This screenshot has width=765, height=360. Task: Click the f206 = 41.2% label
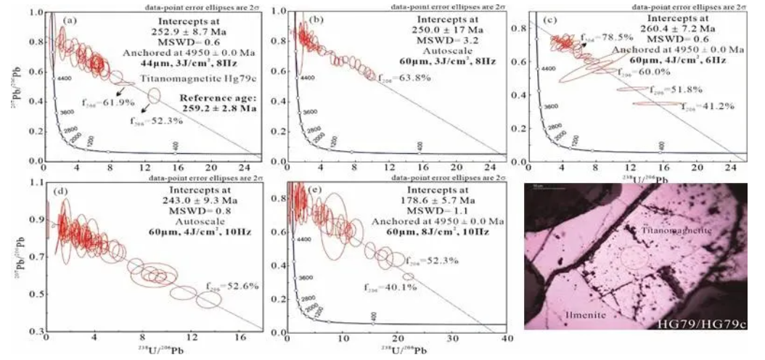708,106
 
